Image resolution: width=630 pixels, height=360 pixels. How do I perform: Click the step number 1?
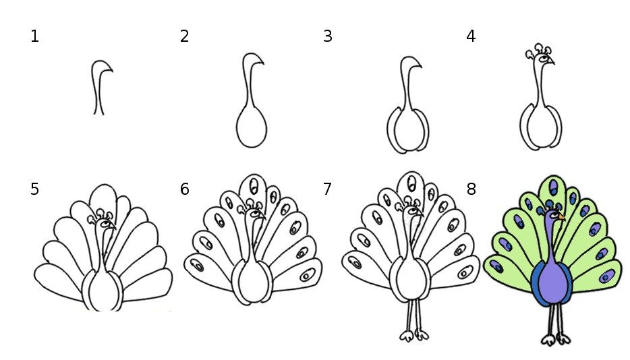pos(34,36)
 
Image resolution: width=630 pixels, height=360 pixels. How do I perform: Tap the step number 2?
pos(184,36)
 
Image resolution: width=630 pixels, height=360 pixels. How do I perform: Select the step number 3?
pos(327,36)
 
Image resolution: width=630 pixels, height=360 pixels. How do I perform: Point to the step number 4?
pos(471,36)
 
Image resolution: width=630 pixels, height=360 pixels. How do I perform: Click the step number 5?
pos(34,189)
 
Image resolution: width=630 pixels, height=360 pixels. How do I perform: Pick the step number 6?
pos(184,189)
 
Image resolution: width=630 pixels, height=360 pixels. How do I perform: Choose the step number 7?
pos(327,189)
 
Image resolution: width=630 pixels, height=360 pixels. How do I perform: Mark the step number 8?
pos(471,189)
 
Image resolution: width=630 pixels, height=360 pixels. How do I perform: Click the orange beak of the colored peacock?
pos(561,217)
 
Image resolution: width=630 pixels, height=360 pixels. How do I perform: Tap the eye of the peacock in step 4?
pos(544,59)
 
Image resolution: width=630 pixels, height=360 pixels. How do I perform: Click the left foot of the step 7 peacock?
pos(406,335)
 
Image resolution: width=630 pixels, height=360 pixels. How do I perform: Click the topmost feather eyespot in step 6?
pos(254,185)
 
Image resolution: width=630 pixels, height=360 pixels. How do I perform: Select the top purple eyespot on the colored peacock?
pos(554,187)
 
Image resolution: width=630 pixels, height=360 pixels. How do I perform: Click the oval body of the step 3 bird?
pos(408,129)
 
